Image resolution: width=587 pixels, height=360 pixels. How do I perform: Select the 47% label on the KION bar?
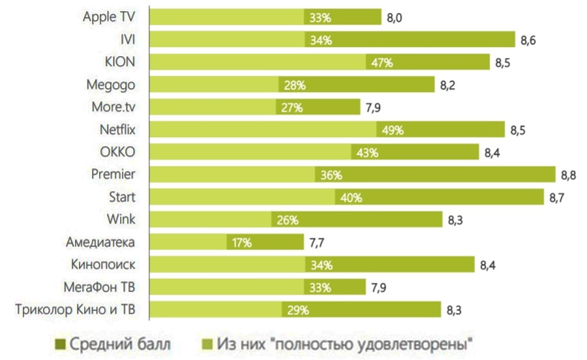382,63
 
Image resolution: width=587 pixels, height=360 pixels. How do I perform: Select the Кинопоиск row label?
106,265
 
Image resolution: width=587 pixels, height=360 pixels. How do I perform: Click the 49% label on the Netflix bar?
393,130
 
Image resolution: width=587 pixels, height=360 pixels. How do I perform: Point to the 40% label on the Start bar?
351,197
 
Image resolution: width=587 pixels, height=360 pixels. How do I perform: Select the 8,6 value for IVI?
528,40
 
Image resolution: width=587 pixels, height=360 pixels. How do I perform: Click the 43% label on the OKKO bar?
367,153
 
